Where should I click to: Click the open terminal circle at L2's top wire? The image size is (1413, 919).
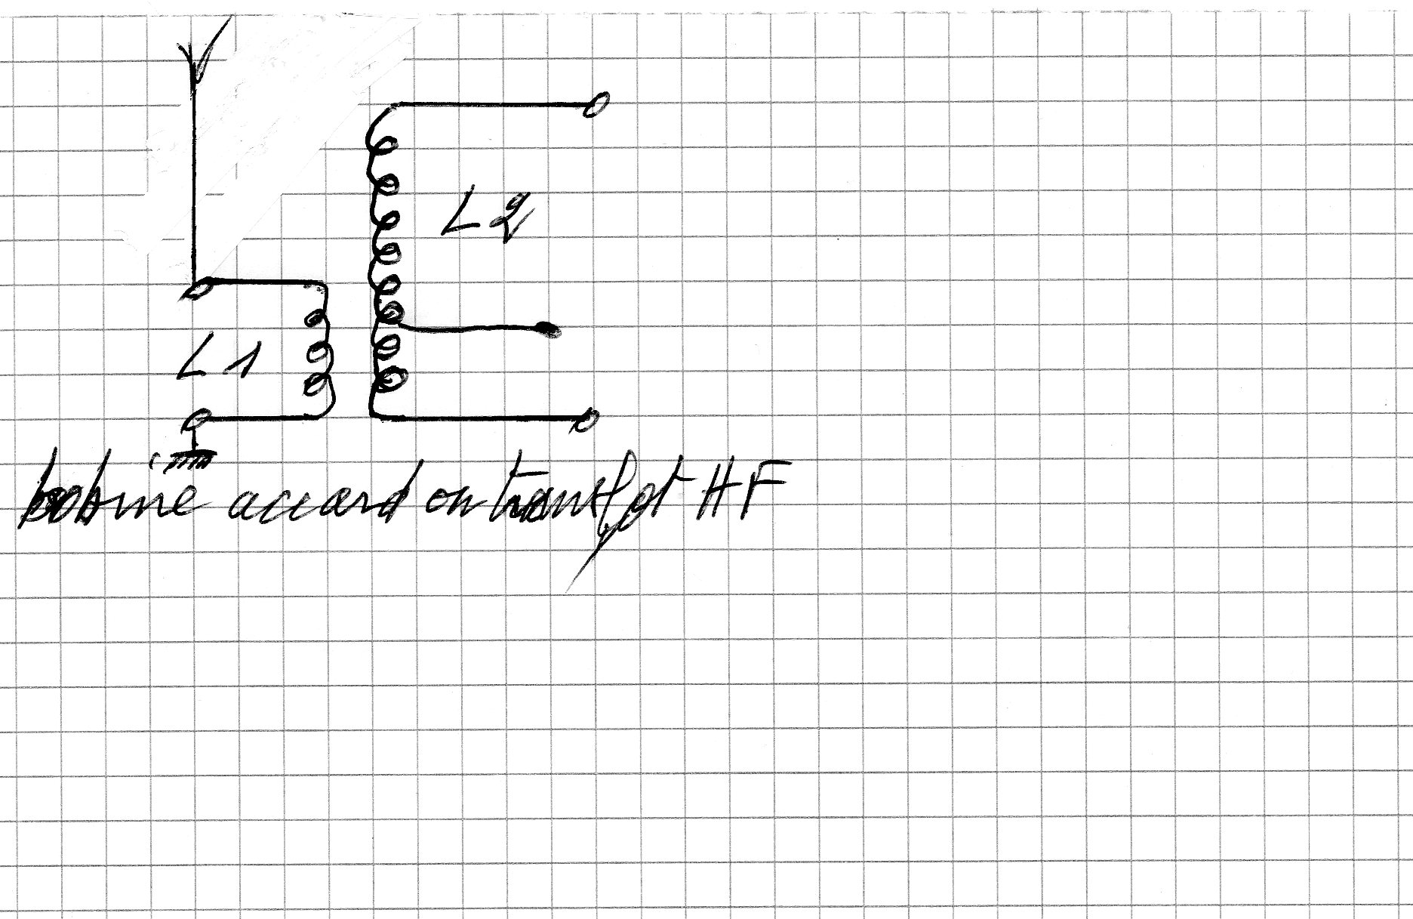(x=596, y=106)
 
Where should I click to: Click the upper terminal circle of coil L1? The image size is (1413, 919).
(x=199, y=288)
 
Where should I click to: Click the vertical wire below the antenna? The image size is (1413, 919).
(x=195, y=174)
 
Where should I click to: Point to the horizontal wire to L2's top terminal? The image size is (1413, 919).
(x=491, y=103)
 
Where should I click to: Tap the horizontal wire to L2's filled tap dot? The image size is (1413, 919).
(x=468, y=328)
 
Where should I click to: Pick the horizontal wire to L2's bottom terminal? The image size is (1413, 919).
(x=483, y=417)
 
